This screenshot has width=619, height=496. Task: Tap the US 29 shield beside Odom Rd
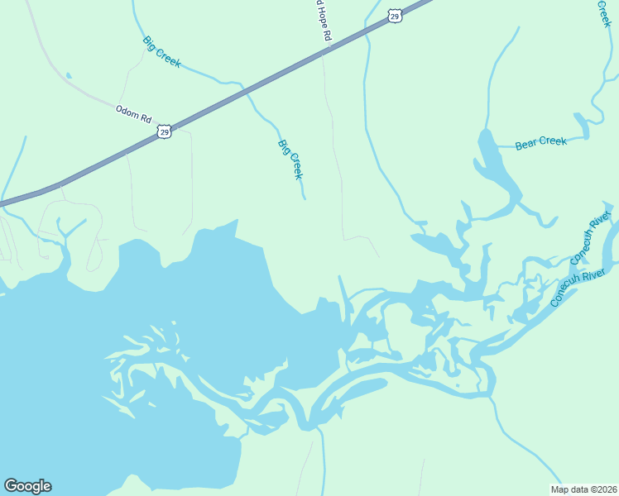click(x=166, y=131)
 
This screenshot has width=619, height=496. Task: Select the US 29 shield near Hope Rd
click(x=395, y=16)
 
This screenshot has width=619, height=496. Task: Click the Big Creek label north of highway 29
click(x=161, y=51)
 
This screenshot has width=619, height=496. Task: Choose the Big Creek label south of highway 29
click(x=290, y=160)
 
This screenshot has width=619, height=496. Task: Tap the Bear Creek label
click(x=541, y=142)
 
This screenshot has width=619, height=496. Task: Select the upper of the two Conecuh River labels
click(x=589, y=238)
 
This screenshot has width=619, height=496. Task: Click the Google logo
click(x=27, y=486)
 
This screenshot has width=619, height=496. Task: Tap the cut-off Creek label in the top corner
click(x=604, y=12)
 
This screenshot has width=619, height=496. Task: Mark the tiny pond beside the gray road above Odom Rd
click(x=68, y=76)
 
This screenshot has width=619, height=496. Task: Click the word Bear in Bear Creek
click(x=527, y=144)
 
